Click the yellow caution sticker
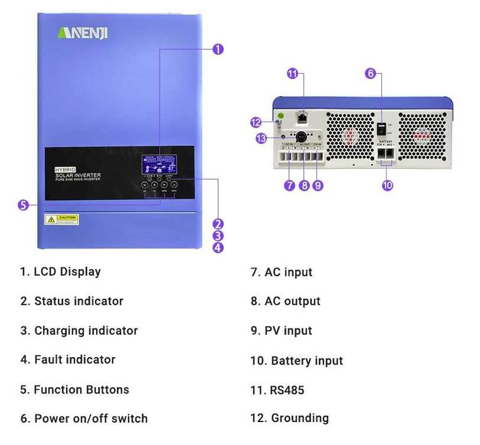coord(62,220)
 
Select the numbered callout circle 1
coord(218,49)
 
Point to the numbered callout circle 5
coord(23,205)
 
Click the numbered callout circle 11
coord(293,74)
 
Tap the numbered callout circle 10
coord(388,185)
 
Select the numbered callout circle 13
coord(260,139)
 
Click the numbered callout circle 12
coord(256,122)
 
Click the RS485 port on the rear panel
coord(302,117)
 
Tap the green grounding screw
coord(278,117)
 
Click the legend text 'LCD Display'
coord(67,272)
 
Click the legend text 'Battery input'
coord(307,361)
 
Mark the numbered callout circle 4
coord(218,248)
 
